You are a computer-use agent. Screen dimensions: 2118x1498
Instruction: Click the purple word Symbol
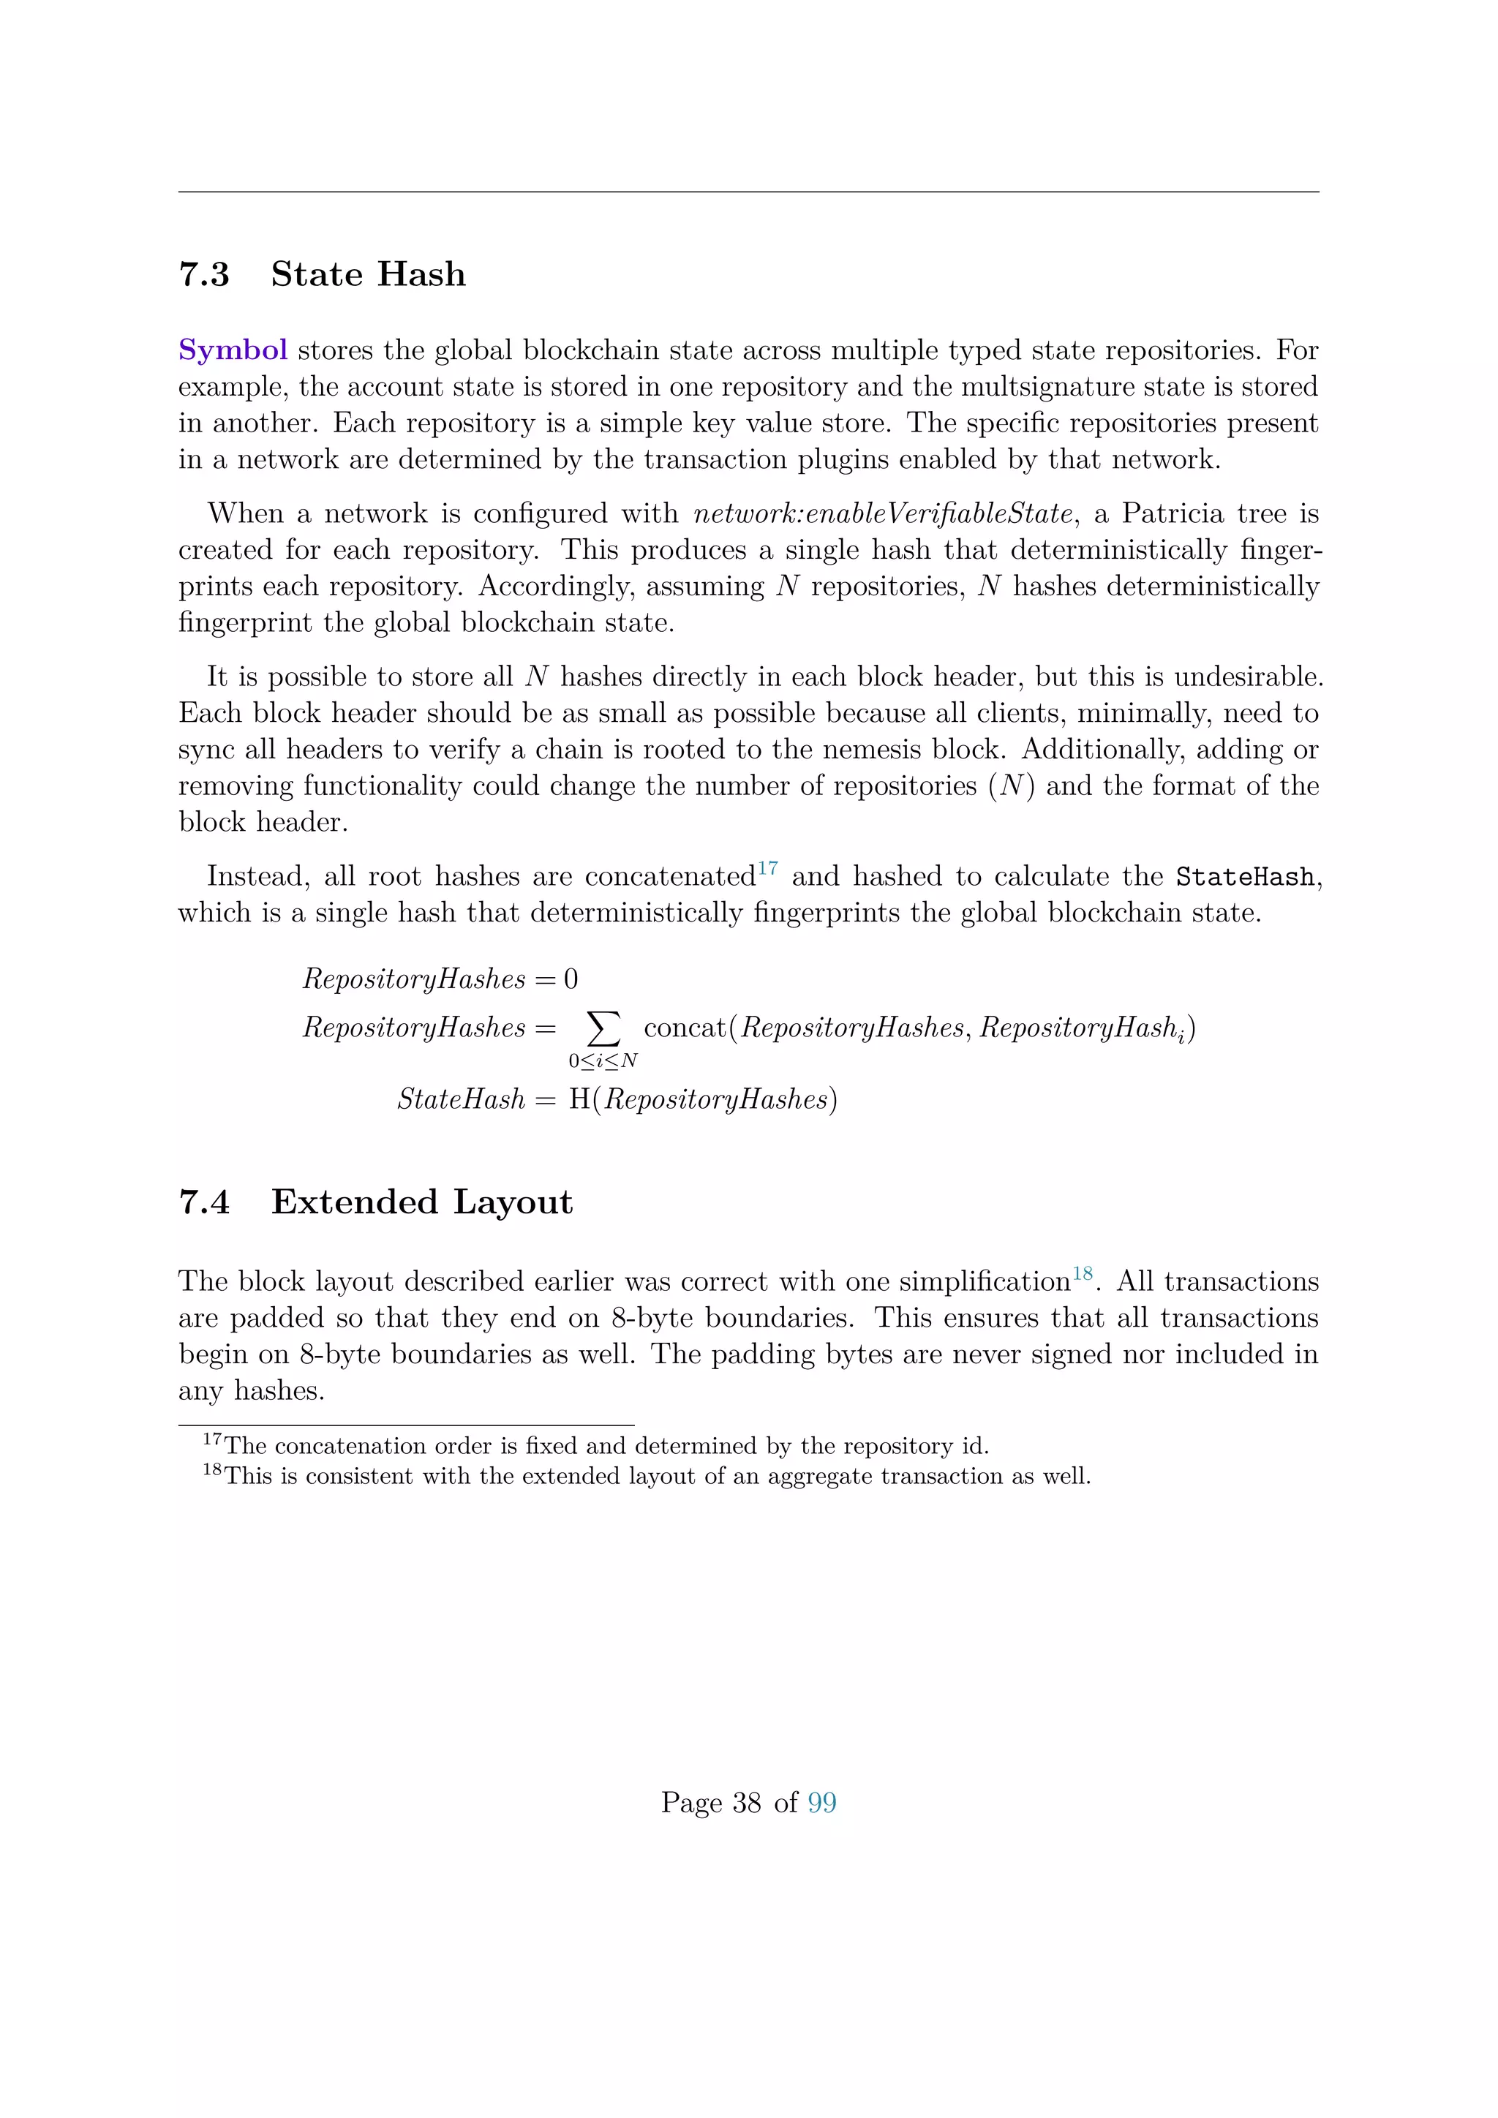click(233, 350)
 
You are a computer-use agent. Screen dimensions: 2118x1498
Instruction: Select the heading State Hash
click(368, 275)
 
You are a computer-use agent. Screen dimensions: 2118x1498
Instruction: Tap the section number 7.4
click(204, 1202)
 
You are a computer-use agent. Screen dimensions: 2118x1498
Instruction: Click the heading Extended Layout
click(421, 1202)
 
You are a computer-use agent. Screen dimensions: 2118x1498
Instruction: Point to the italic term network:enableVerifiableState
click(883, 514)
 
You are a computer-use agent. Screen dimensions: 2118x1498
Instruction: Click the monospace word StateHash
click(1244, 876)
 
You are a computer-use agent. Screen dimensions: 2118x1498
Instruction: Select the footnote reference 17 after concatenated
click(767, 868)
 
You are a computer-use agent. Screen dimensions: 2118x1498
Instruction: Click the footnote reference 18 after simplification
click(1081, 1274)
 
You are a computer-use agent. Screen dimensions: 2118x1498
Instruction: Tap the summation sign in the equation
click(603, 1026)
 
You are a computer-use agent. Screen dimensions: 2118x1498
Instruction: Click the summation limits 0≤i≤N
click(603, 1061)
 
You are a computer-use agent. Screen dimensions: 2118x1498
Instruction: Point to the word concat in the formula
click(685, 1028)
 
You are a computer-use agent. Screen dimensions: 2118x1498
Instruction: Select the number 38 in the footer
click(746, 1803)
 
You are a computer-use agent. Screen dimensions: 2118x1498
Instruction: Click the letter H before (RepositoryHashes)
click(579, 1099)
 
